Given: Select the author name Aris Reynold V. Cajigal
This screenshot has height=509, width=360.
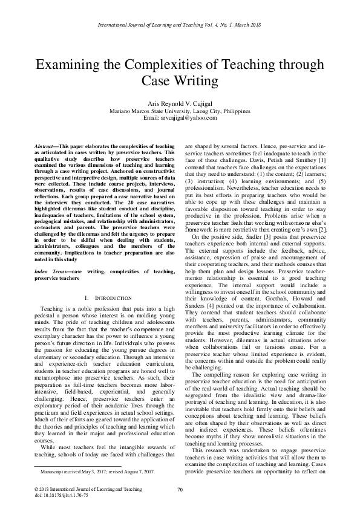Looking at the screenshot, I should pyautogui.click(x=180, y=104).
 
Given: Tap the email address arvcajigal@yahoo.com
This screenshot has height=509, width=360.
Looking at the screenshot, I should pyautogui.click(x=180, y=118).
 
